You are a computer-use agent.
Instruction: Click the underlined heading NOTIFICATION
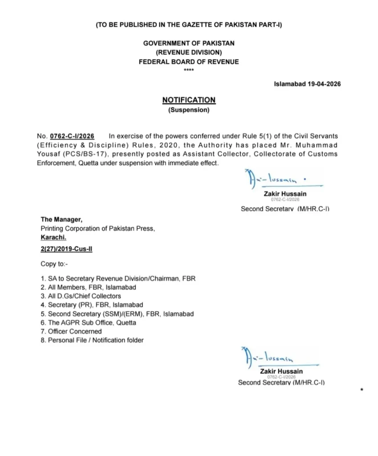pyautogui.click(x=188, y=100)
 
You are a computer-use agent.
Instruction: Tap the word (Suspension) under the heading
pyautogui.click(x=188, y=110)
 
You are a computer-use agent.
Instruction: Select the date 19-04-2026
pyautogui.click(x=324, y=84)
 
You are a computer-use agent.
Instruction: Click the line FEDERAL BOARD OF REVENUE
pyautogui.click(x=189, y=62)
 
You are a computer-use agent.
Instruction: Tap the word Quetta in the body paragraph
pyautogui.click(x=91, y=163)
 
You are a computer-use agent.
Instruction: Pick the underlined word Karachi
pyautogui.click(x=53, y=237)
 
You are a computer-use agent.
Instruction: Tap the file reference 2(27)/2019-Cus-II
pyautogui.click(x=66, y=249)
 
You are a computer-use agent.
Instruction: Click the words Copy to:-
pyautogui.click(x=54, y=264)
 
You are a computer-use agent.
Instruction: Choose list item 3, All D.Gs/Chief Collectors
pyautogui.click(x=81, y=296)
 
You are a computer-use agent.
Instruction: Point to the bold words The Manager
pyautogui.click(x=61, y=219)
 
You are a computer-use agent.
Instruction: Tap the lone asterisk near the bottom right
pyautogui.click(x=362, y=391)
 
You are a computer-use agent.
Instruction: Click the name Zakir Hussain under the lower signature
pyautogui.click(x=281, y=371)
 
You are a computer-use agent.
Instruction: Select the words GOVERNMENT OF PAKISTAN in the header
pyautogui.click(x=189, y=43)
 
